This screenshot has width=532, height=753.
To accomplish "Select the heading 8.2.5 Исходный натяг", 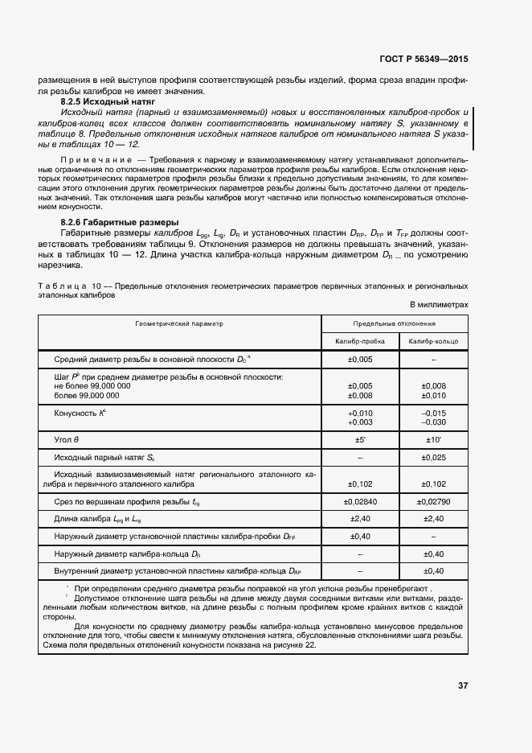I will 107,104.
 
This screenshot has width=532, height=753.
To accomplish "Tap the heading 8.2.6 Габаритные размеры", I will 120,222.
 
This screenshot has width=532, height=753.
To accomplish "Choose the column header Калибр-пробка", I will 359,342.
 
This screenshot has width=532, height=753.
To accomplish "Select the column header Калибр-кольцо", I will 433,342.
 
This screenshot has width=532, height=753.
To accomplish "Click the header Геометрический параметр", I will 179,323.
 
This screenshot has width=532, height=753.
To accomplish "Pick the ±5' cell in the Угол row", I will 359,440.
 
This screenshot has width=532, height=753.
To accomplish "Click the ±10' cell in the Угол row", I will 433,440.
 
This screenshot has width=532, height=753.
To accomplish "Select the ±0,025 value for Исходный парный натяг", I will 433,458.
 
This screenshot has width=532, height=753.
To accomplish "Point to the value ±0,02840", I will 359,502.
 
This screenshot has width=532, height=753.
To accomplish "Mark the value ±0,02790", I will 433,502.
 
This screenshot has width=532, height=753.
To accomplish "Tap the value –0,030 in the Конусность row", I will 433,422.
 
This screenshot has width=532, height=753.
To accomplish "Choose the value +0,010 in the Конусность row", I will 359,413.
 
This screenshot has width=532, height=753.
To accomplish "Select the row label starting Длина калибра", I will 101,521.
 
